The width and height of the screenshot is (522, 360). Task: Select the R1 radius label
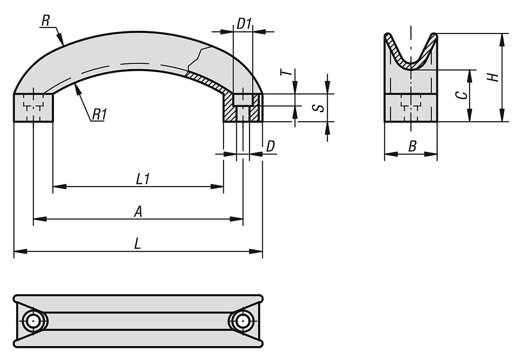99,114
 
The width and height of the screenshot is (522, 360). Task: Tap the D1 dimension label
244,24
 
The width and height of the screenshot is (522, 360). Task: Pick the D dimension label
270,147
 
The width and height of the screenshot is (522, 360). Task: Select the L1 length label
143,179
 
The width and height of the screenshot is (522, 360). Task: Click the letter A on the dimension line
138,212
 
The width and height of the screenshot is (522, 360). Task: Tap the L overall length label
138,244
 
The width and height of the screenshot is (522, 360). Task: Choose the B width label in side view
412,147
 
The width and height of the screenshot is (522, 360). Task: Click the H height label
493,77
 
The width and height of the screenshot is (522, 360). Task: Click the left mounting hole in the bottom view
33,321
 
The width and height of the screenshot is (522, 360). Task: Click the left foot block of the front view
33,108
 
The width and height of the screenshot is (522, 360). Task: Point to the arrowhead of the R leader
63,43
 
